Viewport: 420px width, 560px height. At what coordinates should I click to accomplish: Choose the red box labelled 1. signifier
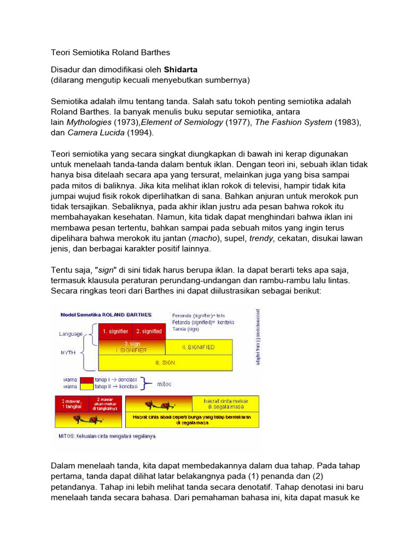click(115, 331)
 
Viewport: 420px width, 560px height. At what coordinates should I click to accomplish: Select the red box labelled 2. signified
click(148, 331)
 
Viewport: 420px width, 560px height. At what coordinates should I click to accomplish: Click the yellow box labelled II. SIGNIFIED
click(199, 347)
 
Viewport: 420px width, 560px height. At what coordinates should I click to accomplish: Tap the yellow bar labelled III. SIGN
click(164, 362)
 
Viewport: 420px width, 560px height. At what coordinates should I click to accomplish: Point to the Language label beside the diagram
click(71, 334)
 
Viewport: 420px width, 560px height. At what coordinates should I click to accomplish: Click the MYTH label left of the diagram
click(68, 353)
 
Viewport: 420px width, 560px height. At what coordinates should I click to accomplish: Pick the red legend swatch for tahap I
click(86, 379)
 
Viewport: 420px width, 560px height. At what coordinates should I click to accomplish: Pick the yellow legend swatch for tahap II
click(86, 387)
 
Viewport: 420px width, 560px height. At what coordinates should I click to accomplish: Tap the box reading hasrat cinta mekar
click(227, 403)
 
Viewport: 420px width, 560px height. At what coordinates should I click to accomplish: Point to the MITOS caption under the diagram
click(107, 436)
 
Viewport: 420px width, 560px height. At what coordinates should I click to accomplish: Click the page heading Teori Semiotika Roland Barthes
click(110, 52)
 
